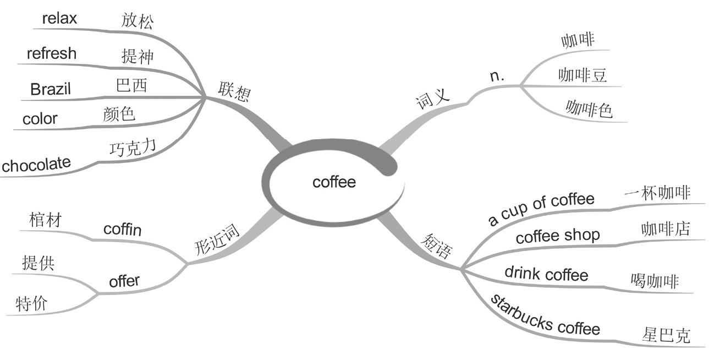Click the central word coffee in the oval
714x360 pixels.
(x=334, y=182)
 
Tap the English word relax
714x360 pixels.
(x=59, y=18)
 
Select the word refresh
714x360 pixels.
(x=51, y=53)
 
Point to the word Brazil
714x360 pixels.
(x=51, y=89)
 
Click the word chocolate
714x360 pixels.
(x=36, y=164)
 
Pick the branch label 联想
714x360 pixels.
(x=234, y=92)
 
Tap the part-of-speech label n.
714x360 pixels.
(x=497, y=75)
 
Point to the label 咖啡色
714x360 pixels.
(x=589, y=110)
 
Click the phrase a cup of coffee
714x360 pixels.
(x=541, y=208)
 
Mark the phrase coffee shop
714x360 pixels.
(x=557, y=236)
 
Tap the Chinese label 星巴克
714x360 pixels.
(x=666, y=335)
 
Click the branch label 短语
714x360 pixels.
(x=436, y=246)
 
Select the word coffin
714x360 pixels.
(x=122, y=229)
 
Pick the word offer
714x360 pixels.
(x=124, y=281)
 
